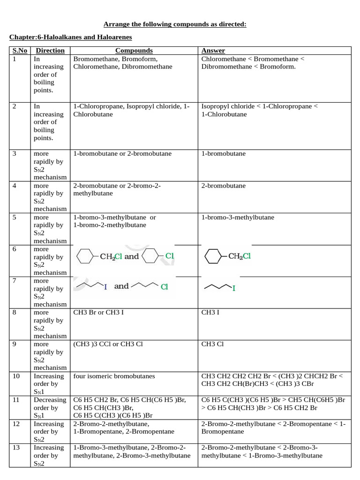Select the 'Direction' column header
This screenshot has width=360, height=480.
point(50,51)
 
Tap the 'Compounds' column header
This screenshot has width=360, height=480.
point(134,51)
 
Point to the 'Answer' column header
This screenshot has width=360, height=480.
point(213,51)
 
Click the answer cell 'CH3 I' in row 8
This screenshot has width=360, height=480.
point(209,313)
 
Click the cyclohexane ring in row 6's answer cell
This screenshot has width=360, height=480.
point(213,256)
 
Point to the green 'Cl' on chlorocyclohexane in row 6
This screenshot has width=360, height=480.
point(169,256)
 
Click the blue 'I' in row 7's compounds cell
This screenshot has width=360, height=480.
point(105,287)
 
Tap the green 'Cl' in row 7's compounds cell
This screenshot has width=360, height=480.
point(164,287)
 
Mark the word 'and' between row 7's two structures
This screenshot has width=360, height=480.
point(121,286)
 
